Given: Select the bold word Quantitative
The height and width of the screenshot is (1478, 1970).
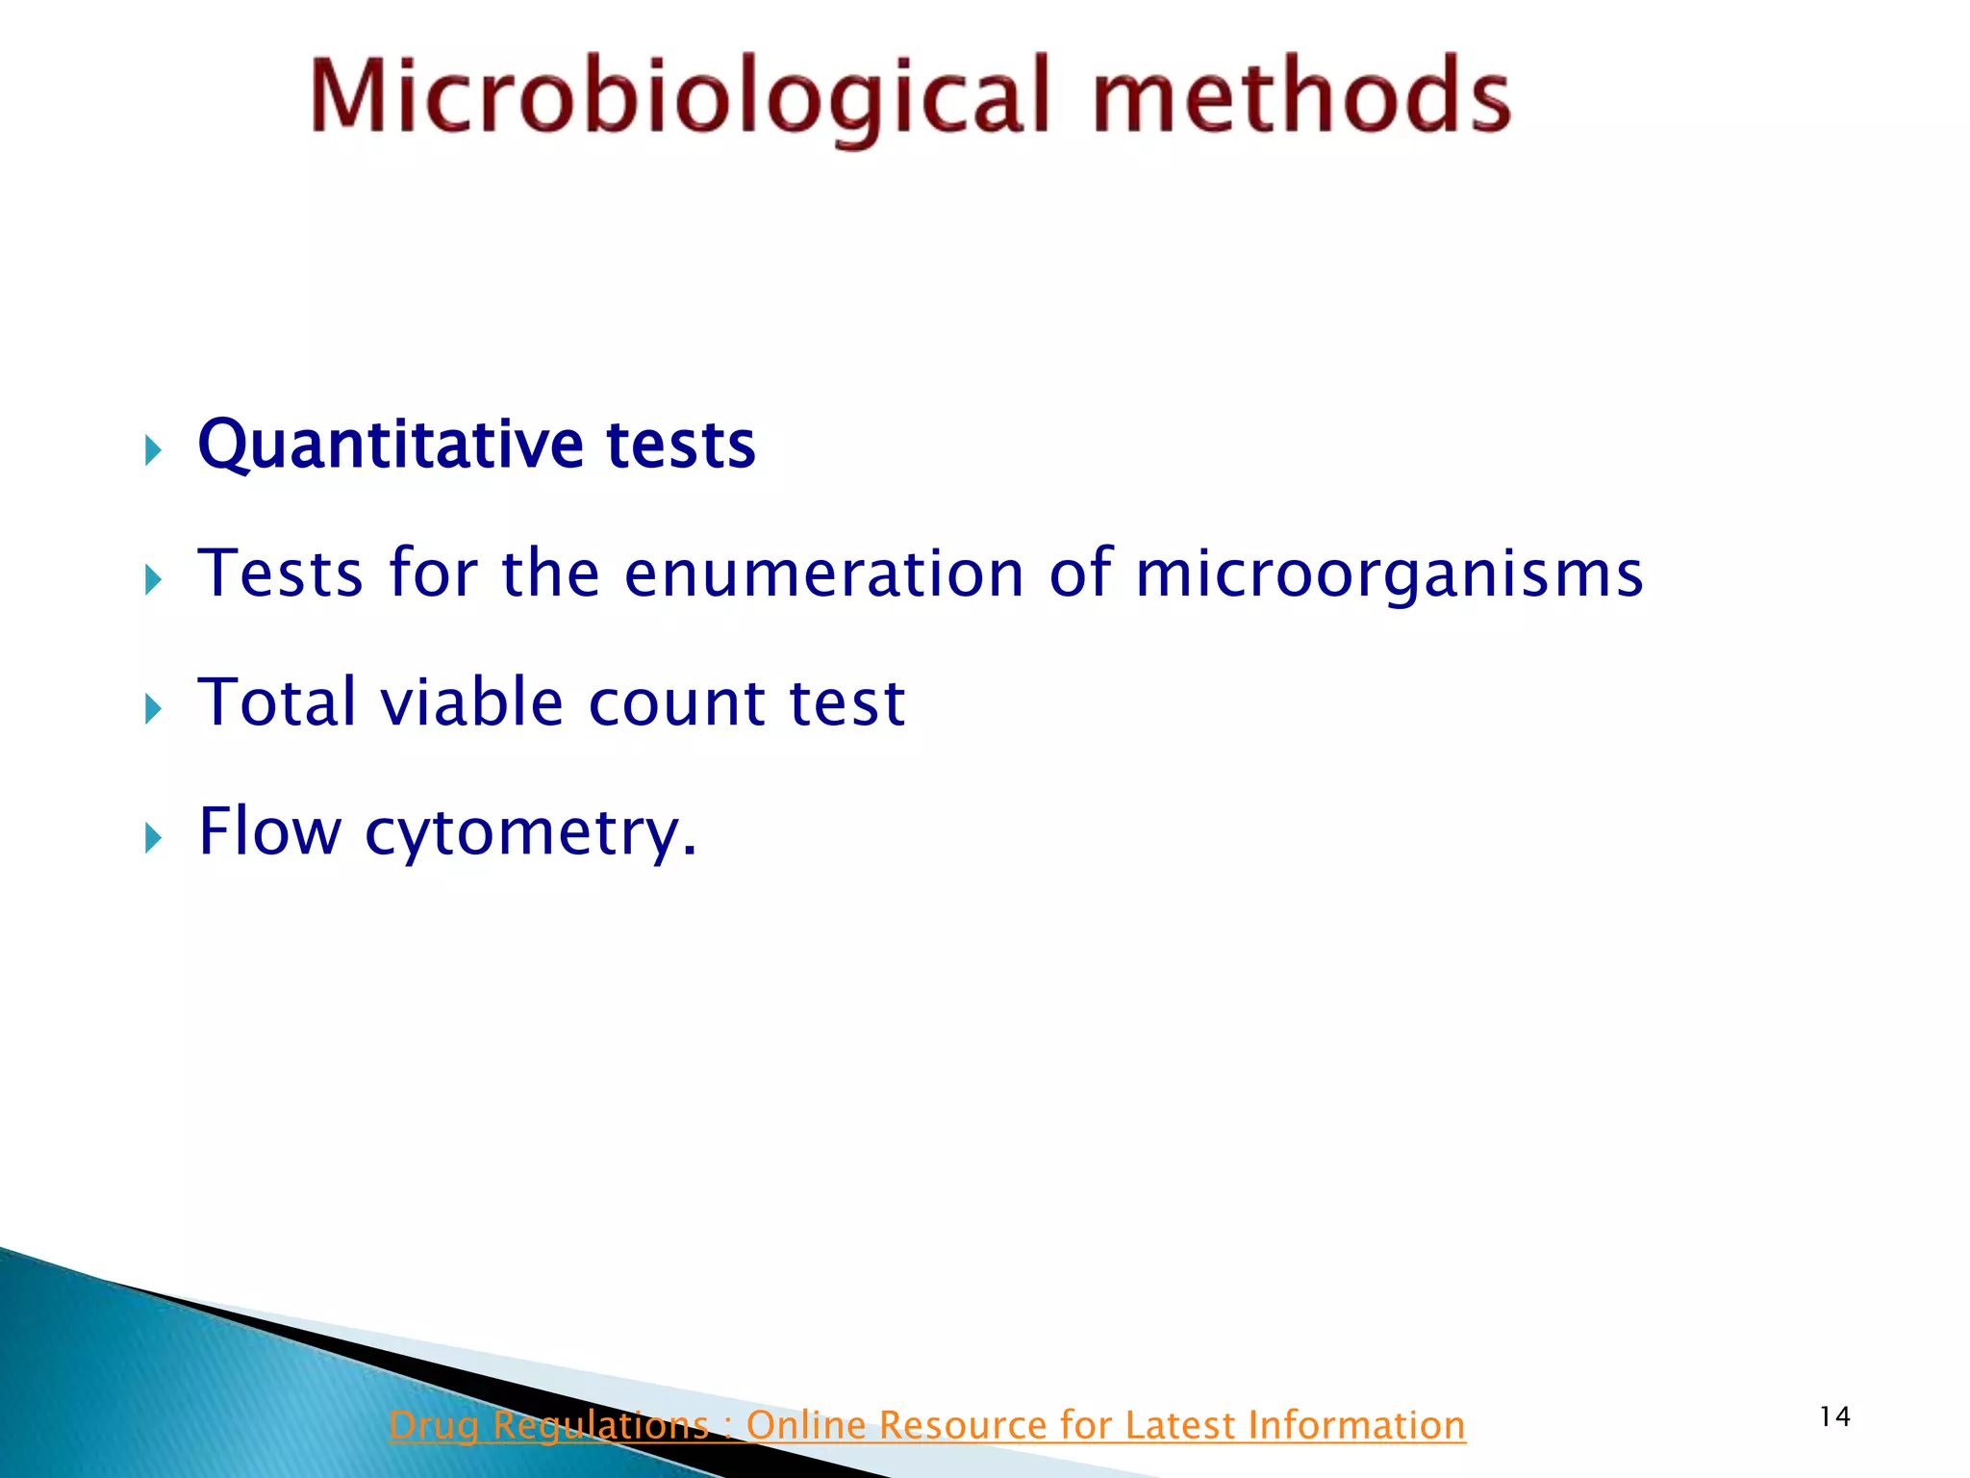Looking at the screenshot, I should (389, 445).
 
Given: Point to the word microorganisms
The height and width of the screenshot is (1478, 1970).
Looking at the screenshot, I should (1388, 573).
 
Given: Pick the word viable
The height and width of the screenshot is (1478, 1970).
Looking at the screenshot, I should (471, 701).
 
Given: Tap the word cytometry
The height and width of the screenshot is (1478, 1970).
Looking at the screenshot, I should (530, 831).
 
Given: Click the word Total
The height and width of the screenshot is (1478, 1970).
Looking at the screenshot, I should (278, 701).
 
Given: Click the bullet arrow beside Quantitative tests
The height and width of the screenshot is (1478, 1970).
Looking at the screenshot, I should (153, 449).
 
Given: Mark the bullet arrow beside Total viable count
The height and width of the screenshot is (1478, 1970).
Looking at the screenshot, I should (153, 709).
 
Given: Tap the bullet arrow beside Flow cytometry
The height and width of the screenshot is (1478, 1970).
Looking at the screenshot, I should (153, 838).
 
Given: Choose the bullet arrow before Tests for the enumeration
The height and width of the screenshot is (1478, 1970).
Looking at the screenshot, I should (153, 579).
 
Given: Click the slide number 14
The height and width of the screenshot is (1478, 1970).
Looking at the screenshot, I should (1834, 1416).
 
